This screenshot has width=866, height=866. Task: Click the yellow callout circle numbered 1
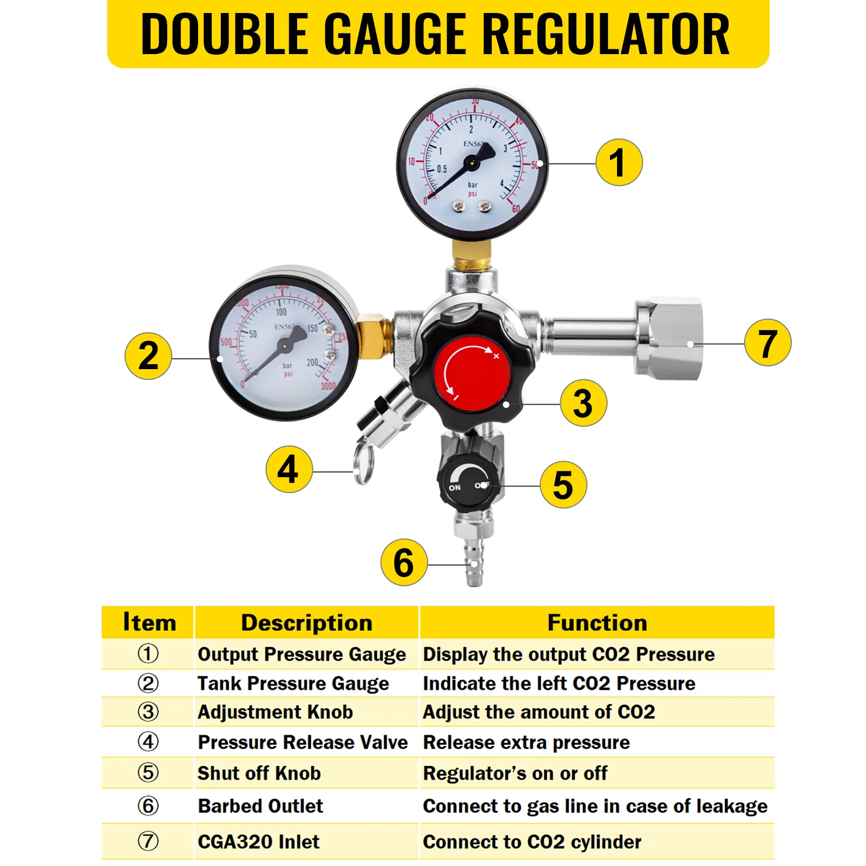pyautogui.click(x=619, y=162)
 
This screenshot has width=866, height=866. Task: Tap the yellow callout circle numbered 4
pyautogui.click(x=289, y=469)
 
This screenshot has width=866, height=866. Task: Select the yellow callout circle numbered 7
pyautogui.click(x=767, y=343)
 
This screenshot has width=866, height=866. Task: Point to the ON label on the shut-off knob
pyautogui.click(x=455, y=488)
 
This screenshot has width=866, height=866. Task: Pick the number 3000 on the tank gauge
pyautogui.click(x=328, y=386)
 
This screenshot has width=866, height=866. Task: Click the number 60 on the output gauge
pyautogui.click(x=516, y=209)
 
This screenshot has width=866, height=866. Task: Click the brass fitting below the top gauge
pyautogui.click(x=471, y=255)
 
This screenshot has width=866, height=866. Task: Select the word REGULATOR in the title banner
pyautogui.click(x=605, y=34)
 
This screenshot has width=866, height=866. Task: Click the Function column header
pyautogui.click(x=597, y=622)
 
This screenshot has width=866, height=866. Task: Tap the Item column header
pyautogui.click(x=149, y=622)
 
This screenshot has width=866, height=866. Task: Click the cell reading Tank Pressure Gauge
pyautogui.click(x=293, y=684)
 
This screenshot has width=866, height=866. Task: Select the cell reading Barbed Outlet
pyautogui.click(x=260, y=806)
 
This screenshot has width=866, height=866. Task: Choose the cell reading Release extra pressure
pyautogui.click(x=526, y=743)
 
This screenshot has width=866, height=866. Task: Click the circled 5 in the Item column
pyautogui.click(x=148, y=772)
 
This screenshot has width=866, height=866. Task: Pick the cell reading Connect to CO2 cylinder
pyautogui.click(x=532, y=842)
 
